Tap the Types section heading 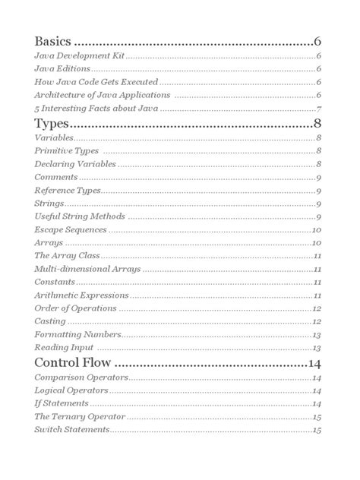click(x=53, y=123)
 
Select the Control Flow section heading click(x=74, y=360)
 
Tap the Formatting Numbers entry click(x=77, y=335)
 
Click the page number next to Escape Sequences click(x=317, y=229)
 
